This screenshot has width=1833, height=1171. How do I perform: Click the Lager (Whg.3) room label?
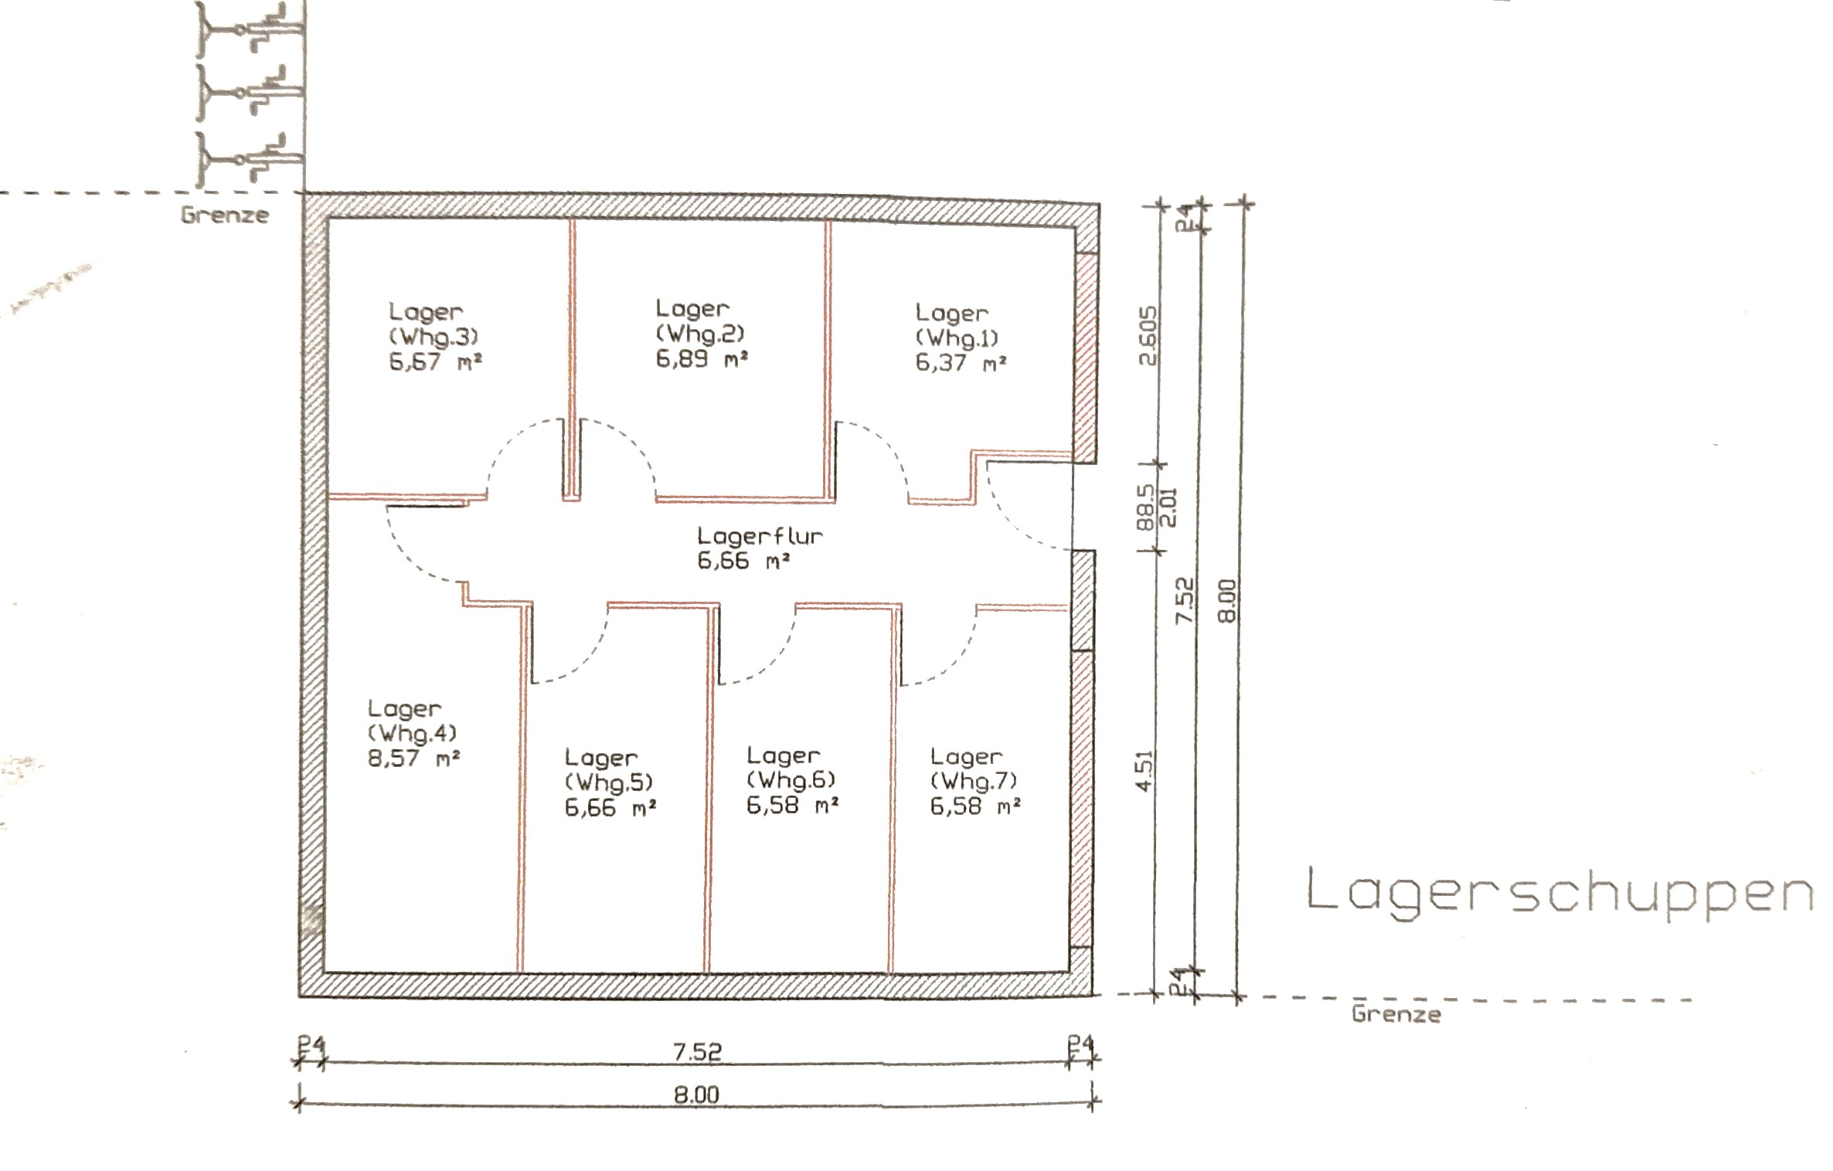(x=434, y=324)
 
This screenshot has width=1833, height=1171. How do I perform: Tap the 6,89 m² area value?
(x=702, y=359)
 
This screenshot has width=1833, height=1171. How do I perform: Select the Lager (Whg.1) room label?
(x=957, y=325)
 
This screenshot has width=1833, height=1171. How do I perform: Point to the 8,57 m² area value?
(x=413, y=759)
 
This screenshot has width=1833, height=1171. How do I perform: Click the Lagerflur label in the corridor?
(x=760, y=536)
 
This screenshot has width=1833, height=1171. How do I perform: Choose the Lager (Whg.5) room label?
(x=609, y=770)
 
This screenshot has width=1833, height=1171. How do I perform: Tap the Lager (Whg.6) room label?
(x=791, y=768)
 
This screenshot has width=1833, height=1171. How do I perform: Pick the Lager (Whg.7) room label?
(x=974, y=769)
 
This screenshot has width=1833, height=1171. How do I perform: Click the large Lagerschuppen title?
(x=1559, y=893)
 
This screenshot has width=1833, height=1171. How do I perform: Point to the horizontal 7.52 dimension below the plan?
(x=697, y=1052)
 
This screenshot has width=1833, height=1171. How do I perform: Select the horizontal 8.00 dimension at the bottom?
(x=696, y=1095)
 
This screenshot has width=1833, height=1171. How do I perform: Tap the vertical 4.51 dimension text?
(x=1145, y=770)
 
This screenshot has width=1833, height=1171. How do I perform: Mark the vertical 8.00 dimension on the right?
(x=1227, y=601)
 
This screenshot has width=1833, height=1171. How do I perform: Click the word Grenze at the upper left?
(x=225, y=215)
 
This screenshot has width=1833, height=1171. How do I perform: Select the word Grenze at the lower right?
(x=1396, y=1013)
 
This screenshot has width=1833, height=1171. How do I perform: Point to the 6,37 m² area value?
(x=961, y=362)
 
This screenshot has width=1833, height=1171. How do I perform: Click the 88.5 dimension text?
(x=1146, y=506)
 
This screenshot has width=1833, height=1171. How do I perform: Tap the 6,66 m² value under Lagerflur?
(x=743, y=561)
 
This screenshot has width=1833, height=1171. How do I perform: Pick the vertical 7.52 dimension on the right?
(x=1184, y=601)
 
